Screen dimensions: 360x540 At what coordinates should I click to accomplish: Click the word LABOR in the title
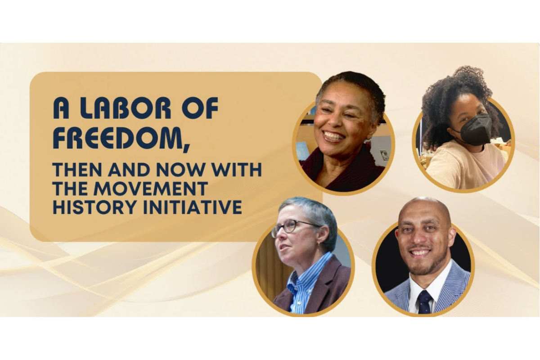coord(118,108)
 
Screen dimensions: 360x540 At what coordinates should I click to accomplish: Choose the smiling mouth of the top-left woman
coord(333,136)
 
